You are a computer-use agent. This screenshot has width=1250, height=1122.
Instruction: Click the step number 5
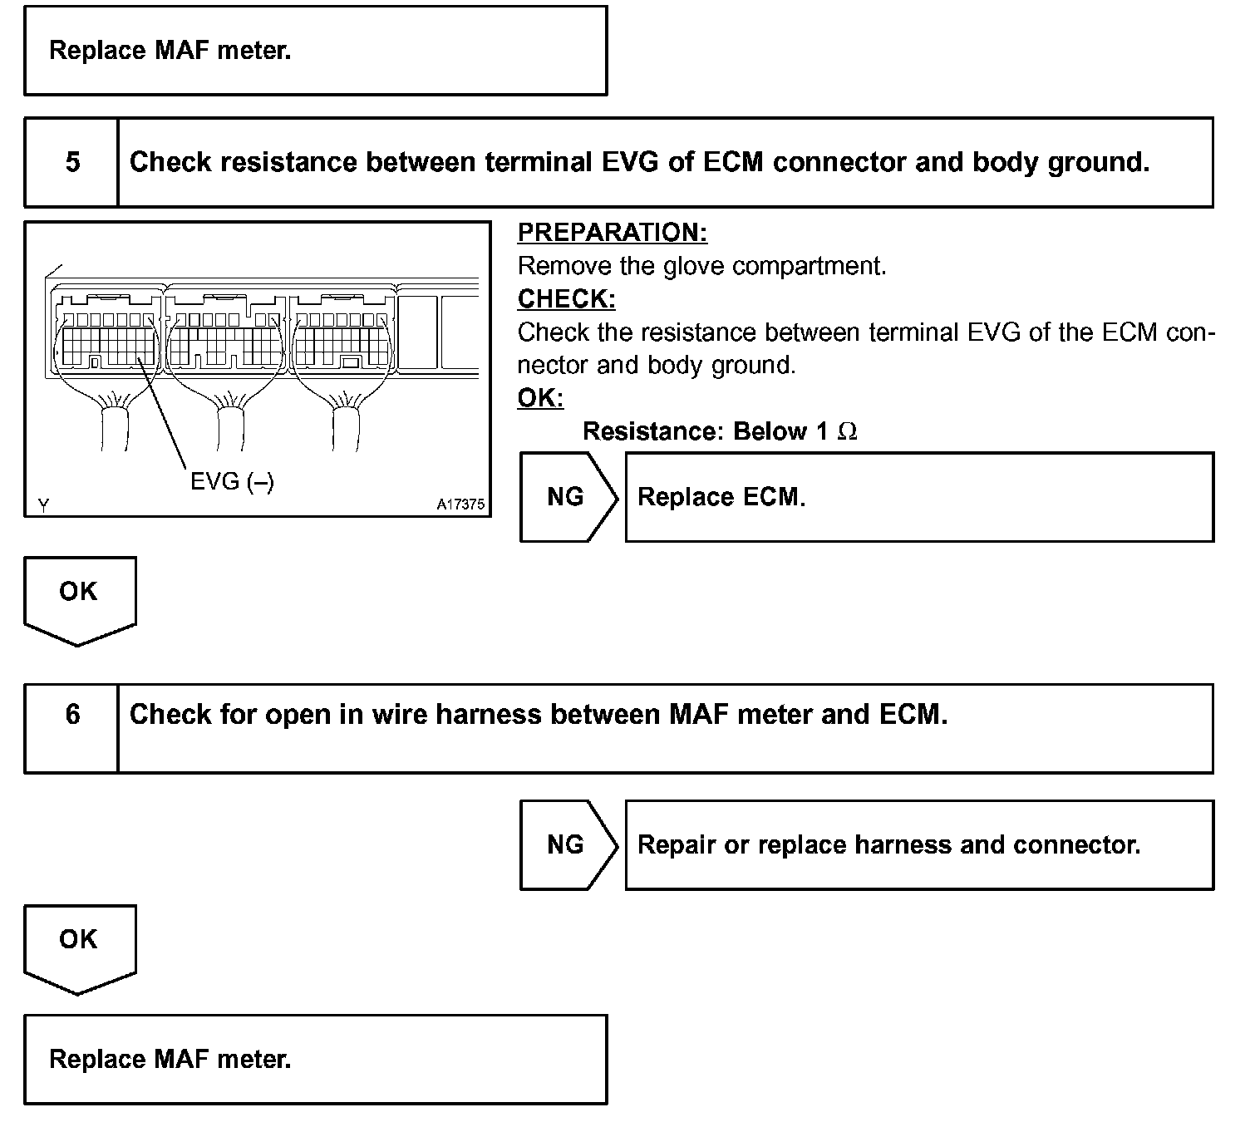[72, 161]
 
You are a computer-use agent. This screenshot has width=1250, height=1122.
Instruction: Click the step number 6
[72, 714]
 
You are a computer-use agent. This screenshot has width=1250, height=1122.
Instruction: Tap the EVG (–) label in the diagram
[232, 481]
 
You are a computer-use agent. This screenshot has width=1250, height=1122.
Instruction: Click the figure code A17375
[460, 504]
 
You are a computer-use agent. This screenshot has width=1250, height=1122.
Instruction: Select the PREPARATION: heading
[613, 233]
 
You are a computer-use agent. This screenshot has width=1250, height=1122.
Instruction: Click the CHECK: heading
[566, 299]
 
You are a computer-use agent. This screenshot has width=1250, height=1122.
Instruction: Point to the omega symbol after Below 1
[848, 432]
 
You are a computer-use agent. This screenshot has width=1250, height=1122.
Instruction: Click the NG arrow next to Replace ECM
[567, 497]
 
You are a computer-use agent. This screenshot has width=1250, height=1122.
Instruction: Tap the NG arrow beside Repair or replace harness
[567, 845]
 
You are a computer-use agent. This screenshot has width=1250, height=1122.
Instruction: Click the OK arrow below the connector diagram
[79, 597]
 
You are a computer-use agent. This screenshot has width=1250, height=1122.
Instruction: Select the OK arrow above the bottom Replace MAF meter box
[79, 945]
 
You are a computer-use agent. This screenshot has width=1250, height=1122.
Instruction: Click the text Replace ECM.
[721, 497]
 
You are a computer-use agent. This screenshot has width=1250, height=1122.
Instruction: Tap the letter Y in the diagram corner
[42, 504]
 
